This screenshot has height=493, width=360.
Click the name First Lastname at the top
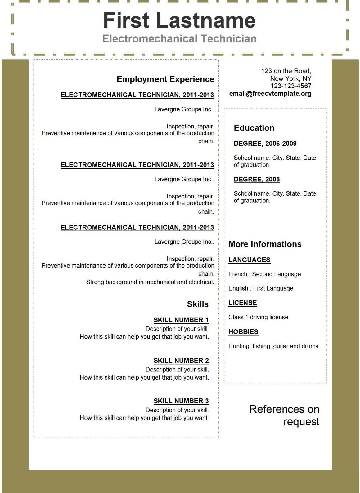pyautogui.click(x=179, y=20)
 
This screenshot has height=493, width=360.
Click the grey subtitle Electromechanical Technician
pyautogui.click(x=179, y=39)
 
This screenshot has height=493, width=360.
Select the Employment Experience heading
pyautogui.click(x=165, y=79)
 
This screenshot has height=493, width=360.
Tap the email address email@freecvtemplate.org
pyautogui.click(x=270, y=94)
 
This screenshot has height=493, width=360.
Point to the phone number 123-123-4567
pyautogui.click(x=291, y=86)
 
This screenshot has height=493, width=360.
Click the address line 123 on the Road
pyautogui.click(x=286, y=71)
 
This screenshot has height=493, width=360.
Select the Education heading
pyautogui.click(x=254, y=128)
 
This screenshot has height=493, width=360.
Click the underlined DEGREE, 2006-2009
pyautogui.click(x=265, y=144)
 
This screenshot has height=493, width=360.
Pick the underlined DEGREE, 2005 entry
pyautogui.click(x=257, y=179)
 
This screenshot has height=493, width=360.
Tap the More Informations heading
pyautogui.click(x=265, y=244)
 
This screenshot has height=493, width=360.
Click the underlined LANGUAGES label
pyautogui.click(x=249, y=260)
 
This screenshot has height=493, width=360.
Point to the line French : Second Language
pyautogui.click(x=264, y=274)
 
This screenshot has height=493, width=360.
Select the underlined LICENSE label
pyautogui.click(x=242, y=303)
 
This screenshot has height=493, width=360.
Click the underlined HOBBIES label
pyautogui.click(x=243, y=332)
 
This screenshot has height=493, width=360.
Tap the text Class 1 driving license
pyautogui.click(x=259, y=317)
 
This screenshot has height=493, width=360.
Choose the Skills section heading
pyautogui.click(x=198, y=304)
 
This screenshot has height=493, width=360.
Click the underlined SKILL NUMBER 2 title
pyautogui.click(x=181, y=361)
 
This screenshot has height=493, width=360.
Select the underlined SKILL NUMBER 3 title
pyautogui.click(x=181, y=401)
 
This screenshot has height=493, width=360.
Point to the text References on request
pyautogui.click(x=284, y=415)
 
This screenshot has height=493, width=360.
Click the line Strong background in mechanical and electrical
pyautogui.click(x=150, y=282)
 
